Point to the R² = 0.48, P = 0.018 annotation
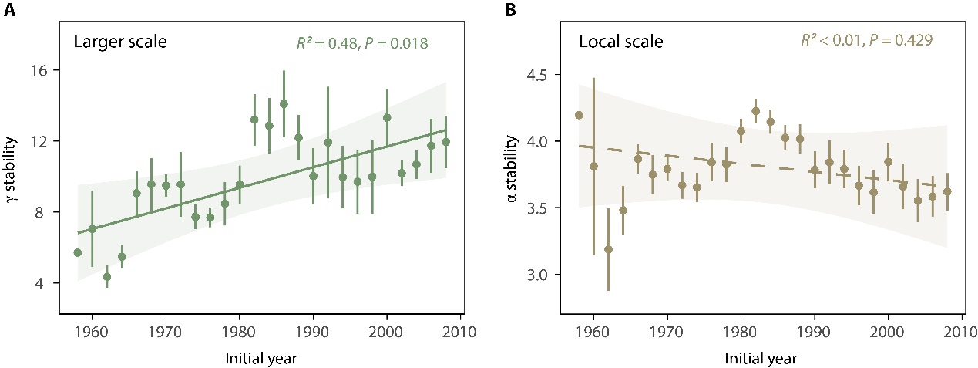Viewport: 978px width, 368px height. [363, 42]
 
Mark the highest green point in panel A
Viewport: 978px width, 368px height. [284, 103]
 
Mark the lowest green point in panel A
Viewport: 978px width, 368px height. [107, 276]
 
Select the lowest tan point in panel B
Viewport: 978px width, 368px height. [608, 249]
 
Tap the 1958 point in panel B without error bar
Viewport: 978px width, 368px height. [579, 115]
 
